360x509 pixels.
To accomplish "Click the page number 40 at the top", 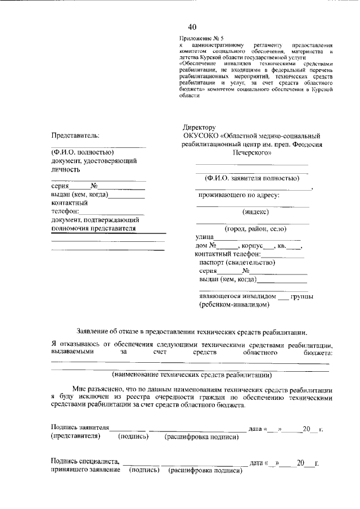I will pyautogui.click(x=192, y=27).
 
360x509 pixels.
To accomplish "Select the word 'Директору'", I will pyautogui.click(x=199, y=128).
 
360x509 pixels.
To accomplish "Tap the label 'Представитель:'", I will pyautogui.click(x=75, y=136).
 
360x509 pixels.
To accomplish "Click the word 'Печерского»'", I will pyautogui.click(x=251, y=151).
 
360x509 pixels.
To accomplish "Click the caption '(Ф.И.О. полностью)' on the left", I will pyautogui.click(x=83, y=152).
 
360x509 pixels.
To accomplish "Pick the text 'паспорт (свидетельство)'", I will pyautogui.click(x=236, y=262).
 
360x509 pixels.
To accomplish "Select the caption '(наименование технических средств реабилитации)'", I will pyautogui.click(x=192, y=374).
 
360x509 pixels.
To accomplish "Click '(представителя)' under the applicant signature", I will pyautogui.click(x=75, y=436).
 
